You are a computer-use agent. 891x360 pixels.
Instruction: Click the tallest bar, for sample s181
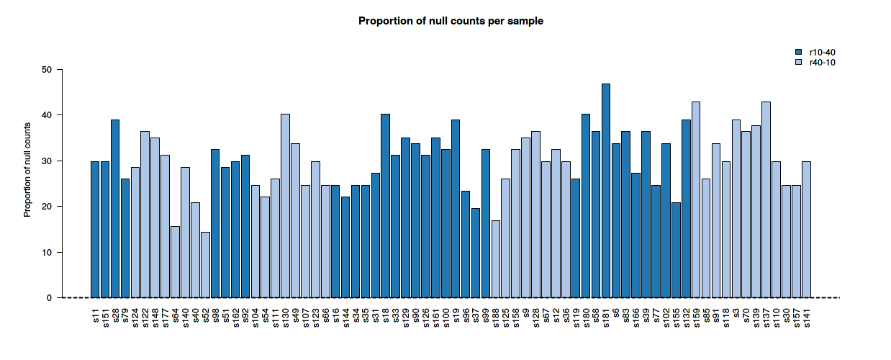click(x=606, y=191)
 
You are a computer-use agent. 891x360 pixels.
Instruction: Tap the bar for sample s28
click(x=115, y=209)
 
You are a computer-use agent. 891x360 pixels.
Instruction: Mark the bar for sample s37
click(x=476, y=253)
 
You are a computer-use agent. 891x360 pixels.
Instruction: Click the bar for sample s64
click(x=175, y=262)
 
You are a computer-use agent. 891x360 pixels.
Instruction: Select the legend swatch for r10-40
click(x=798, y=52)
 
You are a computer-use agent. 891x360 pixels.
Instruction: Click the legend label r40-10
click(x=822, y=63)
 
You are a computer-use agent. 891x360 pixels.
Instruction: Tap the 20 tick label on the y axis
click(x=47, y=207)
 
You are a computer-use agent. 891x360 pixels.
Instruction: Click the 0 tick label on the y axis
click(x=49, y=298)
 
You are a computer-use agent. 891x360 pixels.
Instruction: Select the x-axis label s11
click(x=96, y=318)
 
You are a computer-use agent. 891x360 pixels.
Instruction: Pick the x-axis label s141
click(x=807, y=319)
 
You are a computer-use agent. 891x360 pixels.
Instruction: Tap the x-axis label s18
click(x=386, y=318)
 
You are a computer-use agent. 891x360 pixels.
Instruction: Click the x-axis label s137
click(x=766, y=319)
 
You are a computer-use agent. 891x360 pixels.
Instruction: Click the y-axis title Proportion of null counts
click(x=27, y=169)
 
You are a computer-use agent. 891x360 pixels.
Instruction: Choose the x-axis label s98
click(x=216, y=318)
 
